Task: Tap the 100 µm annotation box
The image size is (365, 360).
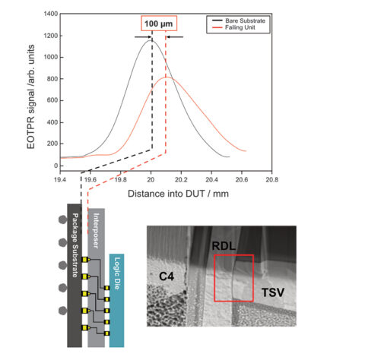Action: point(151,24)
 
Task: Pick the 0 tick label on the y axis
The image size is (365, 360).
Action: point(53,166)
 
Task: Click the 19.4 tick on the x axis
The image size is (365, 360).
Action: point(59,179)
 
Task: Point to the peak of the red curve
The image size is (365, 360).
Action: point(167,77)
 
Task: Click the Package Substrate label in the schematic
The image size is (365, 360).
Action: point(75,242)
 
